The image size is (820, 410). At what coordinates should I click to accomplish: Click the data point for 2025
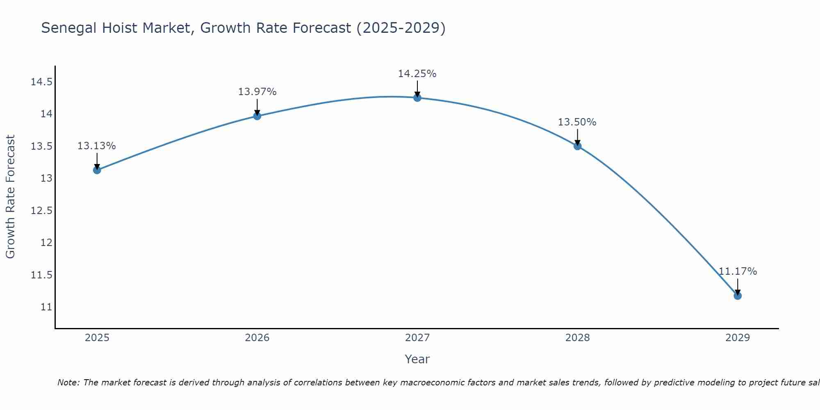pyautogui.click(x=97, y=170)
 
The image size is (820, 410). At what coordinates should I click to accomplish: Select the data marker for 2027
pyautogui.click(x=417, y=98)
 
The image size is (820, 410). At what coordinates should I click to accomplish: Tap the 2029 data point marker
pyautogui.click(x=738, y=296)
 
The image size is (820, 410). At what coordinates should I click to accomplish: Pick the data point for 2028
pyautogui.click(x=577, y=146)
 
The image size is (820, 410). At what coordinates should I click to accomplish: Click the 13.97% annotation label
pyautogui.click(x=257, y=92)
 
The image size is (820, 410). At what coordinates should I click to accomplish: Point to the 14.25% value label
pyautogui.click(x=417, y=74)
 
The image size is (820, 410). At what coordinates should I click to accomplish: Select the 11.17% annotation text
pyautogui.click(x=738, y=271)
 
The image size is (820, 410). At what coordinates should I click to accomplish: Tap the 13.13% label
pyautogui.click(x=97, y=146)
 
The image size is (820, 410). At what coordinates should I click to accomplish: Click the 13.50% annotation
pyautogui.click(x=577, y=122)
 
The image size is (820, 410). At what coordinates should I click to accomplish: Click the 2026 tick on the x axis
pyautogui.click(x=257, y=338)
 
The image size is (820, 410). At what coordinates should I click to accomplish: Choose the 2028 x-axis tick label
pyautogui.click(x=577, y=338)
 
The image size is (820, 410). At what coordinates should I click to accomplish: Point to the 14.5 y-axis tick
pyautogui.click(x=41, y=82)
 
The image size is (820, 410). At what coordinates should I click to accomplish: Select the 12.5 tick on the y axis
pyautogui.click(x=41, y=210)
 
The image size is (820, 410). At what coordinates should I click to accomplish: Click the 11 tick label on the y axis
pyautogui.click(x=46, y=307)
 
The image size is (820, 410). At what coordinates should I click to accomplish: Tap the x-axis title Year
pyautogui.click(x=417, y=359)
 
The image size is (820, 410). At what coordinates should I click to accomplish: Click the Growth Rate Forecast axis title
pyautogui.click(x=10, y=196)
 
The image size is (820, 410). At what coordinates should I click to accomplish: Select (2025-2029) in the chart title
pyautogui.click(x=401, y=28)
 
